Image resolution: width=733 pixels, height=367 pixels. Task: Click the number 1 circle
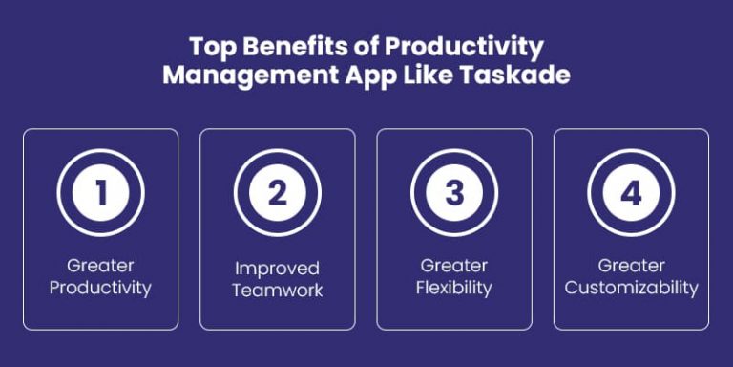(100, 193)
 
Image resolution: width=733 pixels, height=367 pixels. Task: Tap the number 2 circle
(277, 193)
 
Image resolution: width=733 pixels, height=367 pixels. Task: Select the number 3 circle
(454, 193)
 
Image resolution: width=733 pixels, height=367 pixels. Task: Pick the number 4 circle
(631, 193)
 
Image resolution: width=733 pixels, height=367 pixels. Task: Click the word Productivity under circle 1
(100, 287)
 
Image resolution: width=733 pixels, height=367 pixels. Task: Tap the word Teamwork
(277, 291)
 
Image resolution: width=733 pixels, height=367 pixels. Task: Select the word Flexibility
(454, 287)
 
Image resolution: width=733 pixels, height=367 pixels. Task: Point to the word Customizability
(631, 287)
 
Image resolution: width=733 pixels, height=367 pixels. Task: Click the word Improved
(277, 269)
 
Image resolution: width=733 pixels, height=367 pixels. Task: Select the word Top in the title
(210, 46)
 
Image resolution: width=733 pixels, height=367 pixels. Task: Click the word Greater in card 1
(100, 265)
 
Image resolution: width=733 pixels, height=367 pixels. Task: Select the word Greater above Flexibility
(454, 265)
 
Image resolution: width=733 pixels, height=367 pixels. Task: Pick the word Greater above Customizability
(631, 265)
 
